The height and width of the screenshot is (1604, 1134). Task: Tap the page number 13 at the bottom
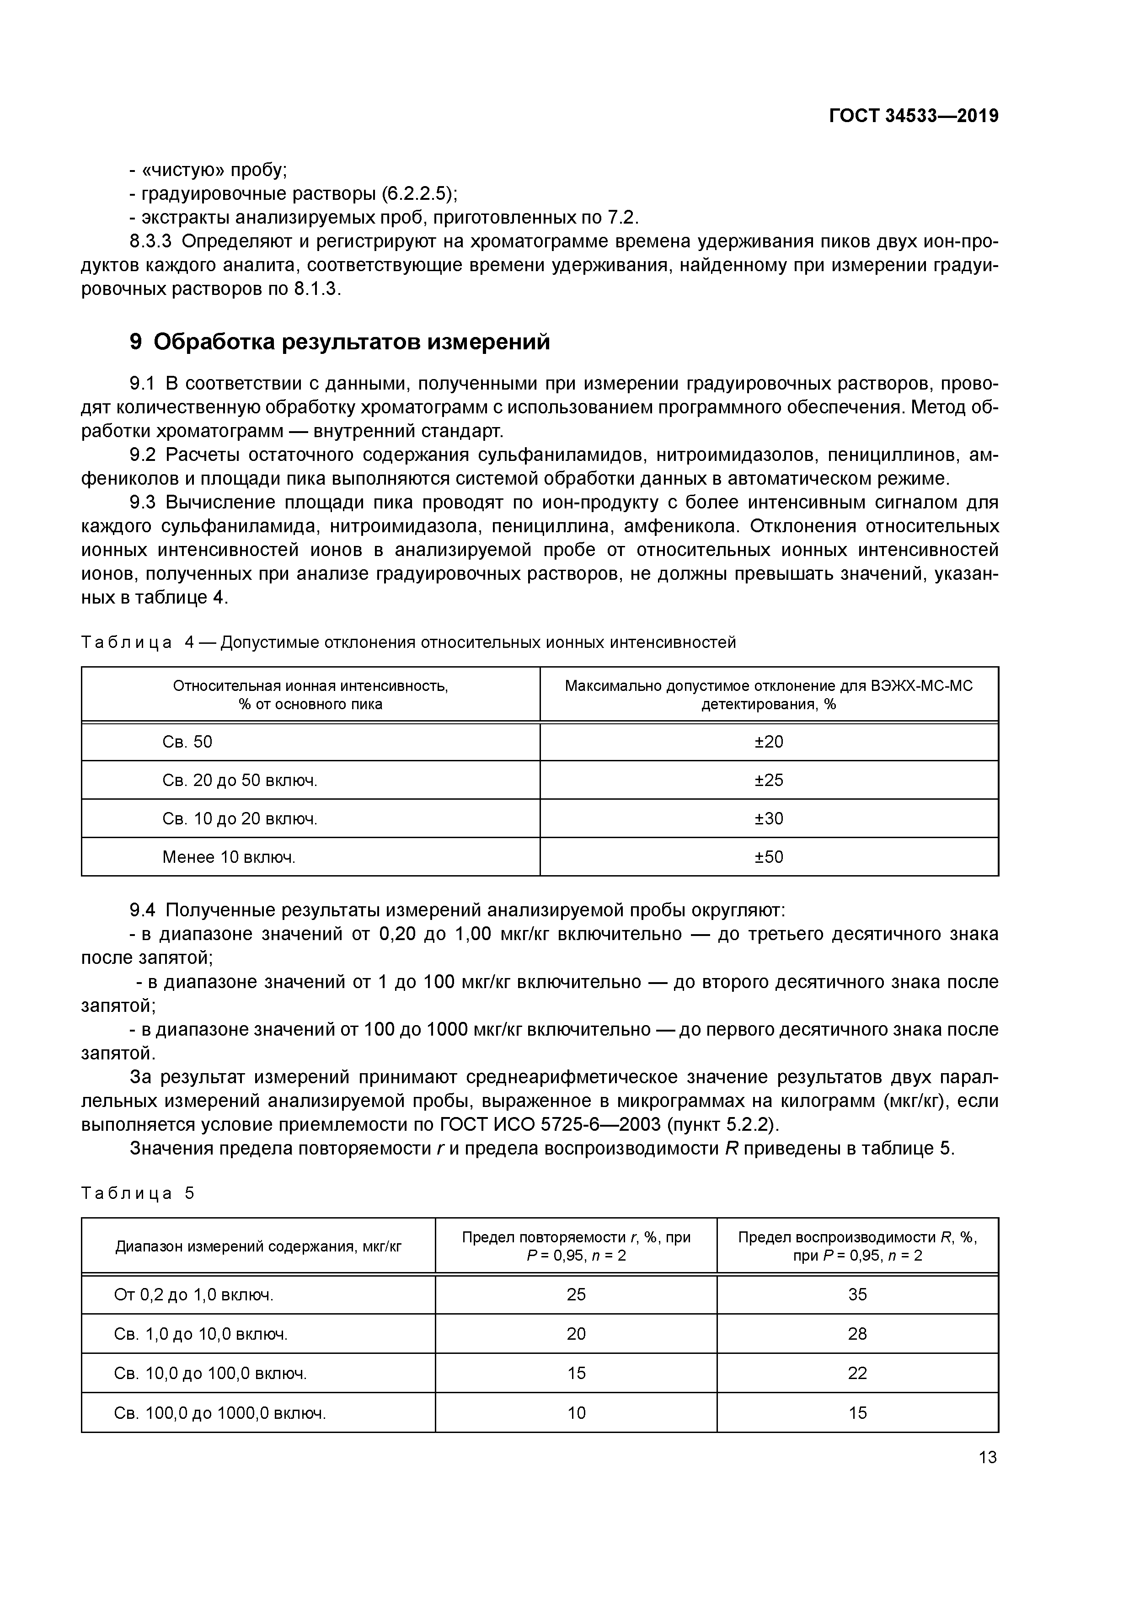point(987,1457)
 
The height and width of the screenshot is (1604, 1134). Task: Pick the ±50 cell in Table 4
point(769,856)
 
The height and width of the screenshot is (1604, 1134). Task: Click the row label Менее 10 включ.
point(229,856)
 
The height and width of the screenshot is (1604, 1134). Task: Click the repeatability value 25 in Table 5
point(576,1294)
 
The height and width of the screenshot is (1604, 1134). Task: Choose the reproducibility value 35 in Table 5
point(857,1294)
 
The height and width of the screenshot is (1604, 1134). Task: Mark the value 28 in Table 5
point(857,1334)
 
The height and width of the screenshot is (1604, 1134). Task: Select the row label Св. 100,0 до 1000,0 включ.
point(220,1412)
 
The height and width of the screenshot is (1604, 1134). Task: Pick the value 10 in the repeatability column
point(576,1412)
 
